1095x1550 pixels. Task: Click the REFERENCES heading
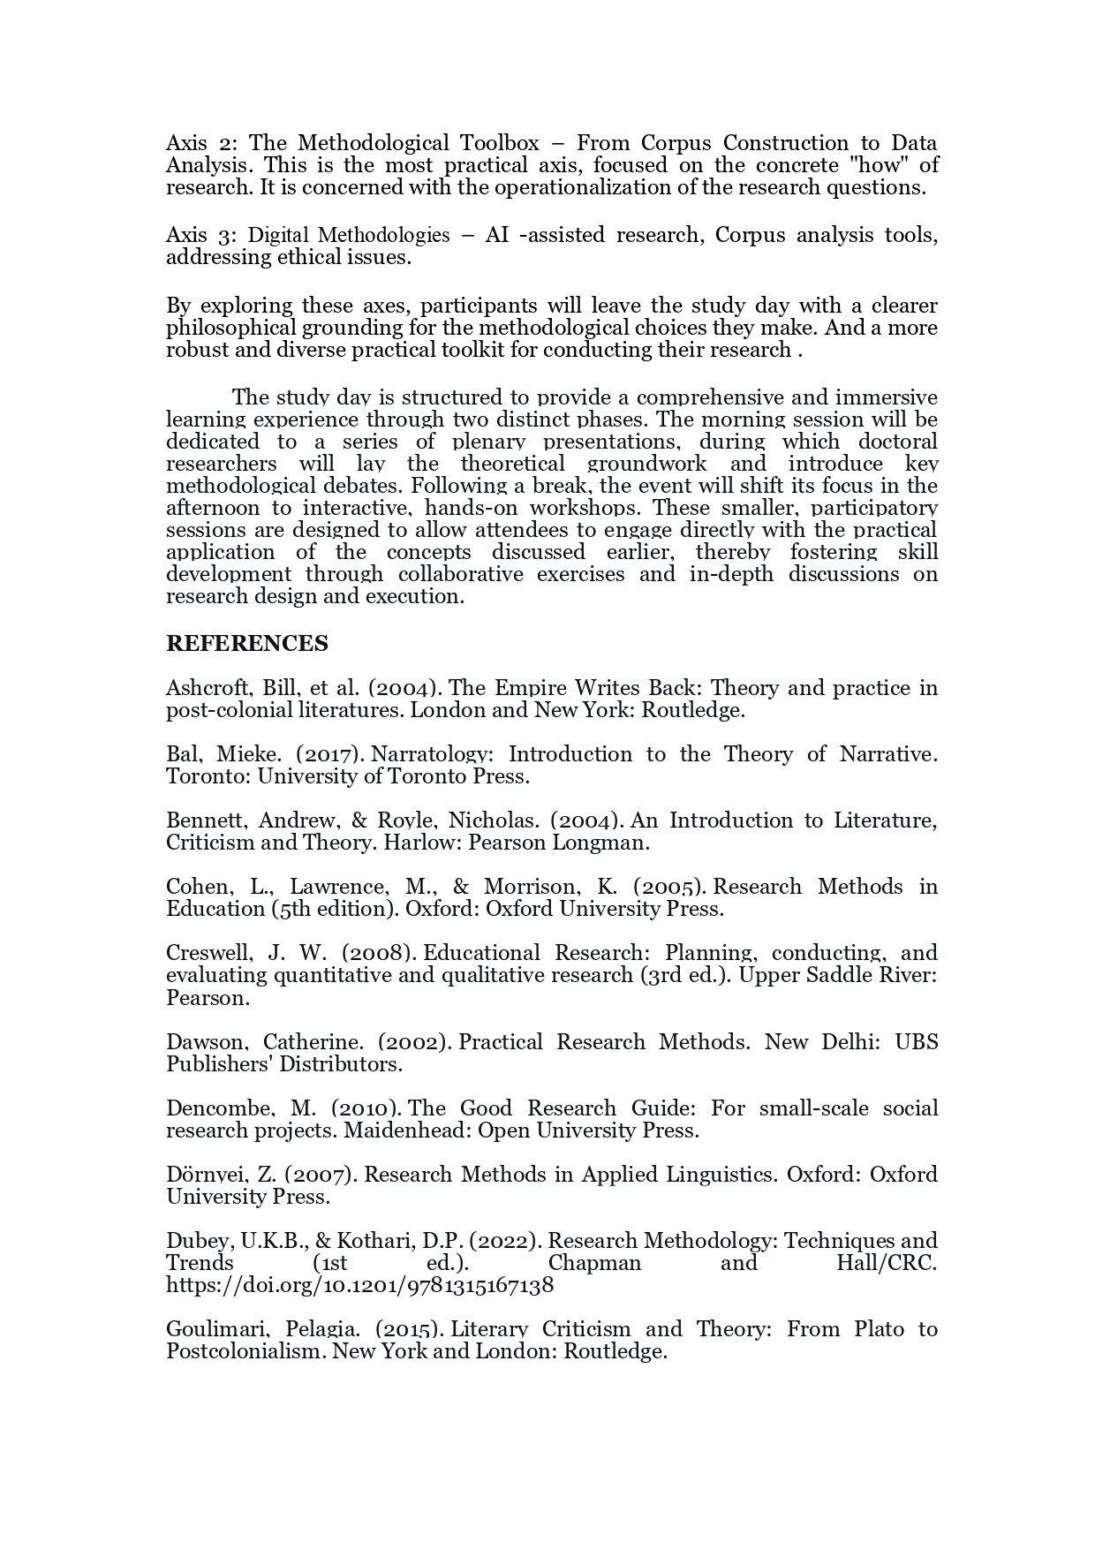point(246,644)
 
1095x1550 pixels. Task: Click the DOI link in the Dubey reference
point(359,1285)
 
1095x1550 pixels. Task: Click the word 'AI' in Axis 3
point(497,235)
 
